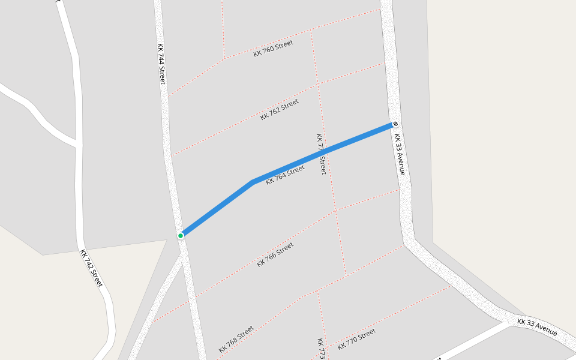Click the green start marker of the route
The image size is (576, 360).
point(181,236)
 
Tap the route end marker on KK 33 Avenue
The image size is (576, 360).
point(395,124)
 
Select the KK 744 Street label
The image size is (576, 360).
point(161,63)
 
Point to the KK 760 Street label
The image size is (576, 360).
point(273,48)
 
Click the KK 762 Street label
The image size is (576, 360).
point(280,109)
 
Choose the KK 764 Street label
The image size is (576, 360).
point(285,175)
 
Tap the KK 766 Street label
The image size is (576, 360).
point(275,254)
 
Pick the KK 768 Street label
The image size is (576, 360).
point(236,339)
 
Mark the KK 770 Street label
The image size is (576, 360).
point(356,338)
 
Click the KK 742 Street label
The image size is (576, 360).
point(92,268)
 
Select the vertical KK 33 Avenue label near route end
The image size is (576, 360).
point(400,154)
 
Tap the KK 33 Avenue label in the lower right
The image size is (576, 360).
point(537,327)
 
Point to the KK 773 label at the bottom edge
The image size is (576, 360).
point(321,349)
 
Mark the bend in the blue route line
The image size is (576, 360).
point(253,182)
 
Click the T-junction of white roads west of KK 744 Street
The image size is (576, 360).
point(78,144)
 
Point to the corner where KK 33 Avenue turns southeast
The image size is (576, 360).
point(409,241)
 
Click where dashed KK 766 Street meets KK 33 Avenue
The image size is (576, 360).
point(399,190)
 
